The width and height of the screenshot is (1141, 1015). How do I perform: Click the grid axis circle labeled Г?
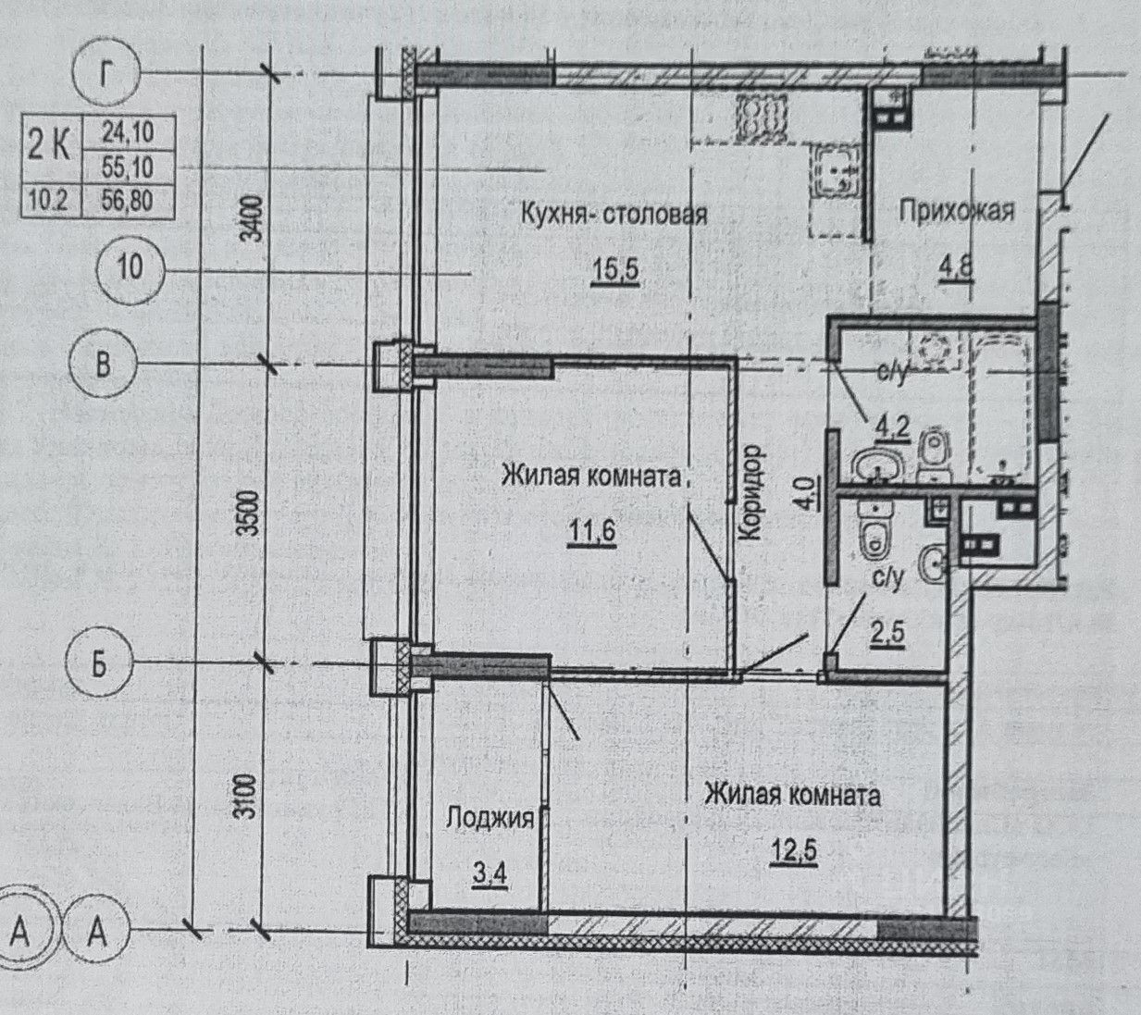[x=105, y=74]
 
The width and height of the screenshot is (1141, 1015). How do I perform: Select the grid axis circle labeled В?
[x=103, y=365]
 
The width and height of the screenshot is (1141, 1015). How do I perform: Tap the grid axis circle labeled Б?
[x=99, y=666]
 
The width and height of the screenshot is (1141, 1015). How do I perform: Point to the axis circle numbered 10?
[x=130, y=267]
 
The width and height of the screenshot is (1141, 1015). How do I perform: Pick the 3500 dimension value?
[x=252, y=513]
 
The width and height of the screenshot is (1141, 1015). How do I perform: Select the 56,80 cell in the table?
[x=128, y=201]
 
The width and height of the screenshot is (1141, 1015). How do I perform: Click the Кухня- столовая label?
[x=614, y=215]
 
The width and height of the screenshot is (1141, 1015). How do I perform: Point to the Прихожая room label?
[x=956, y=211]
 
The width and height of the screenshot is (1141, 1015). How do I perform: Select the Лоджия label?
[x=490, y=817]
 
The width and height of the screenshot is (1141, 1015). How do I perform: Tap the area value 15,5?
[x=614, y=271]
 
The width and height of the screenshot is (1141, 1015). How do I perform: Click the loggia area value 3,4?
[x=489, y=874]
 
